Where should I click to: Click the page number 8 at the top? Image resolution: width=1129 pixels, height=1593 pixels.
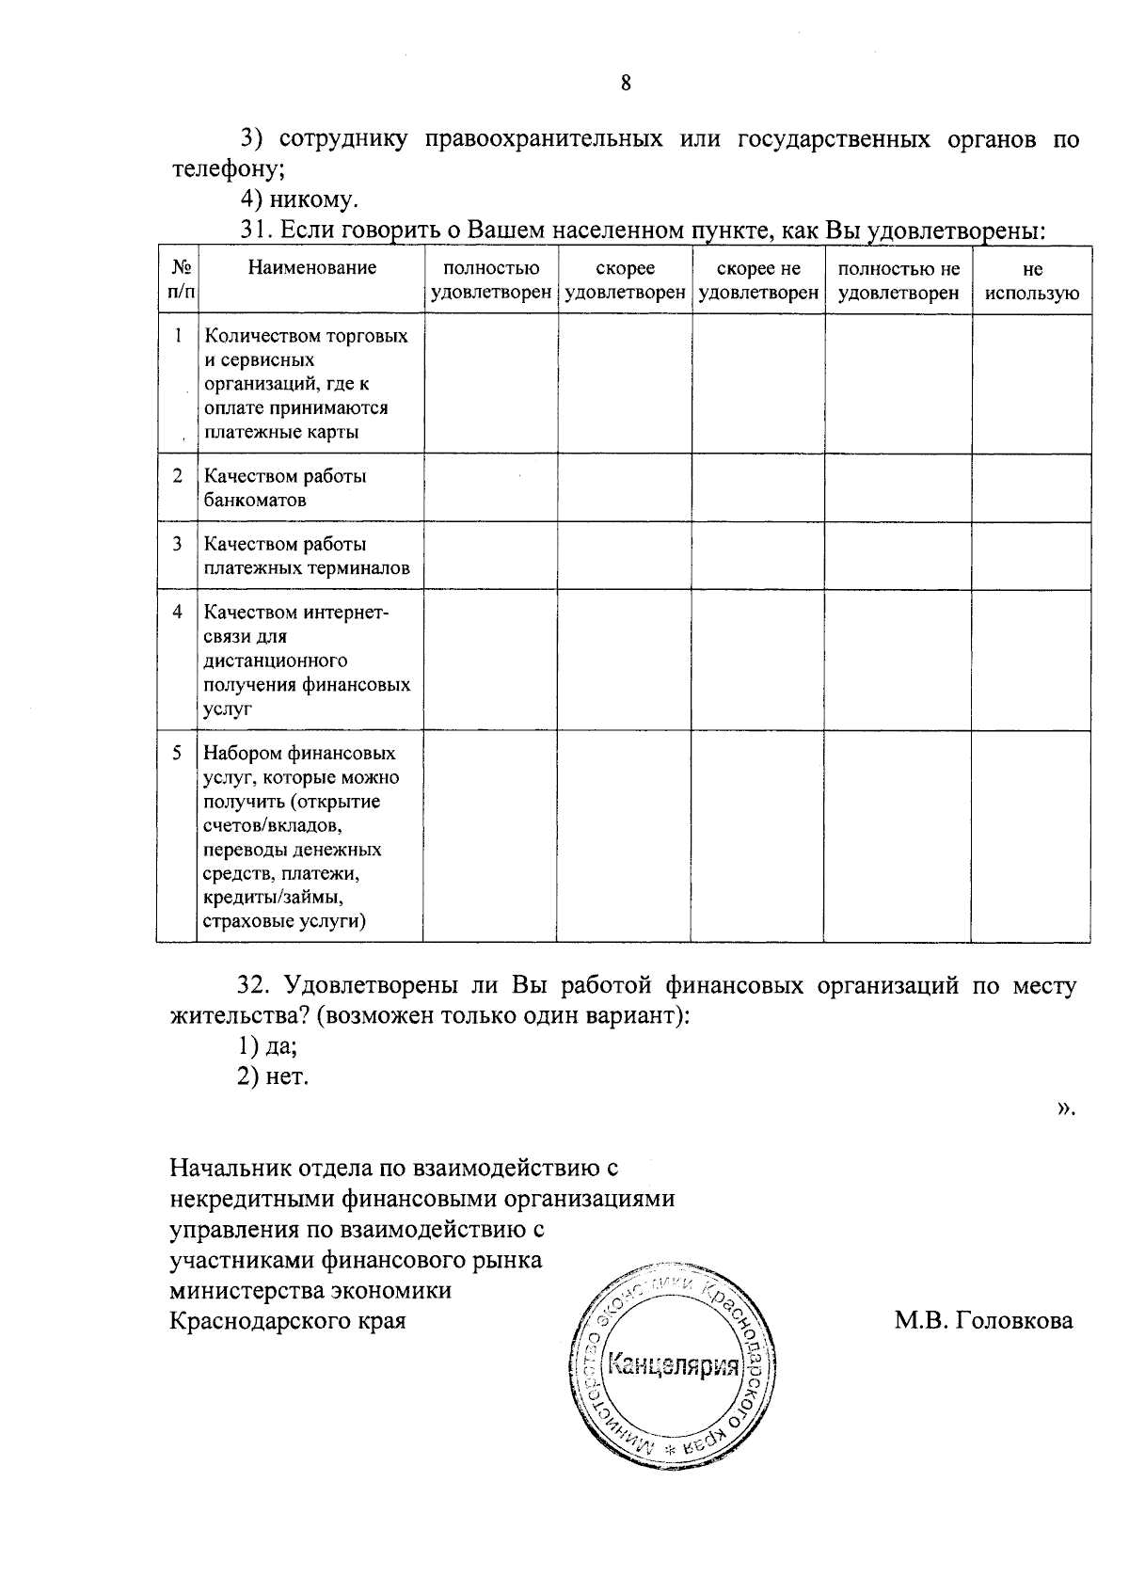625,83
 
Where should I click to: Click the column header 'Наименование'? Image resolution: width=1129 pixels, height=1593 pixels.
311,268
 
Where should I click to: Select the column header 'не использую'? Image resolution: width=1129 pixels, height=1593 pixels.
1031,281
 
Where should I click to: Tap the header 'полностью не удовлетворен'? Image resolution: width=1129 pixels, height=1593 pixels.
898,281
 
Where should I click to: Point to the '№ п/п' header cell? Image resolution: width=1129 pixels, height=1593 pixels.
177,279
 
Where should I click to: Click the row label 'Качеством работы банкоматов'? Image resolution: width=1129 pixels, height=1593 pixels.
285,487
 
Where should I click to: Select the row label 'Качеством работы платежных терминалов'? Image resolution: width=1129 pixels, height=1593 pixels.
306,556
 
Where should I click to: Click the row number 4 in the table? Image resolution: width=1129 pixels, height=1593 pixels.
177,612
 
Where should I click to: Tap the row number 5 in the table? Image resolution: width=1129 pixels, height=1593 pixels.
177,753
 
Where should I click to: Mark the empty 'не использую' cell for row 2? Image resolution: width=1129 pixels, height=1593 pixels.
1031,487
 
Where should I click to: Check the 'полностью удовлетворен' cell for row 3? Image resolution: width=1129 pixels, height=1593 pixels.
490,556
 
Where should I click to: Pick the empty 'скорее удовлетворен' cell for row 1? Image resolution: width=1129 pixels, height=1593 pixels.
625,383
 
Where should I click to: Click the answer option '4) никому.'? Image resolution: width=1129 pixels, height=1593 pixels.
299,199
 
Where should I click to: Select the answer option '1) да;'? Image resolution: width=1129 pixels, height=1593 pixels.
267,1045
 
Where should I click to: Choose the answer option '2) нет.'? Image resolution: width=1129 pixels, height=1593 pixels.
273,1076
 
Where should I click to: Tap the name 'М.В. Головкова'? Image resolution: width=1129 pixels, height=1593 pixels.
983,1320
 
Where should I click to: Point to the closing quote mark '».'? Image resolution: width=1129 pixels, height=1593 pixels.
1064,1108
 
